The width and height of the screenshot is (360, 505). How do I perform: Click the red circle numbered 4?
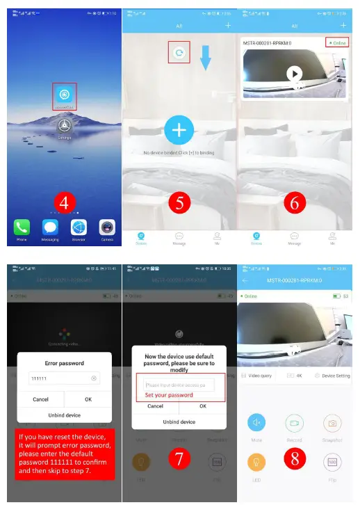pyautogui.click(x=65, y=202)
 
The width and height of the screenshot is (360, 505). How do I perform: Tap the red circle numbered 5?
pyautogui.click(x=179, y=202)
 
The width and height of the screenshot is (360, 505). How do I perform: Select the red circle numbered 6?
pyautogui.click(x=294, y=202)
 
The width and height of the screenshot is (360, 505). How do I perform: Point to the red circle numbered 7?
pyautogui.click(x=179, y=458)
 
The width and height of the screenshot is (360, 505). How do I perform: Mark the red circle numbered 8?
pyautogui.click(x=294, y=458)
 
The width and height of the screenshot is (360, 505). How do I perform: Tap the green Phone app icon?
pyautogui.click(x=22, y=227)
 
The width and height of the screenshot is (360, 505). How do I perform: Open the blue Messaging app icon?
pyautogui.click(x=50, y=227)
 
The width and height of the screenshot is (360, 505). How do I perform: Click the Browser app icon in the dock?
pyautogui.click(x=79, y=227)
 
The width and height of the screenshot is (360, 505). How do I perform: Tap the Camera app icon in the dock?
pyautogui.click(x=107, y=227)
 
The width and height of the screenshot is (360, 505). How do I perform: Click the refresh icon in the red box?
pyautogui.click(x=179, y=53)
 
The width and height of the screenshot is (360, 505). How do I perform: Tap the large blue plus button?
pyautogui.click(x=179, y=130)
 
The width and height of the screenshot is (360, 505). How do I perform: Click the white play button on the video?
pyautogui.click(x=294, y=72)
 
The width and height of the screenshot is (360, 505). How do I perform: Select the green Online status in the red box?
pyautogui.click(x=337, y=43)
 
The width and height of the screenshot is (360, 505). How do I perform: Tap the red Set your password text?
pyautogui.click(x=169, y=394)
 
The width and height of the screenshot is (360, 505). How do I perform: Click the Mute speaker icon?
pyautogui.click(x=256, y=422)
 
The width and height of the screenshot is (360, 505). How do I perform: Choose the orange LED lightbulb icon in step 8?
pyautogui.click(x=256, y=461)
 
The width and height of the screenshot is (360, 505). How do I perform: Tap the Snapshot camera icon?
pyautogui.click(x=332, y=422)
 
